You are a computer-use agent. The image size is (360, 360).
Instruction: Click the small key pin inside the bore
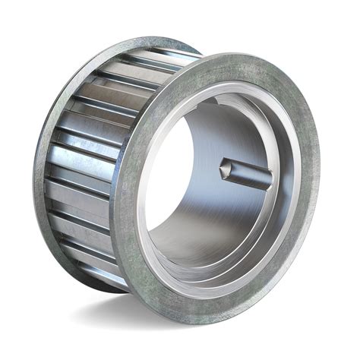(247, 174)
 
